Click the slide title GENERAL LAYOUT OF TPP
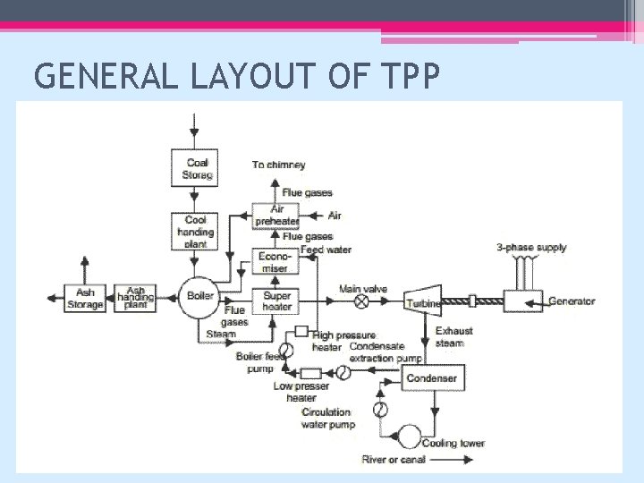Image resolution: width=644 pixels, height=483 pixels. pyautogui.click(x=237, y=78)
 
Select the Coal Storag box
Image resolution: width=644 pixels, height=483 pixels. pyautogui.click(x=195, y=168)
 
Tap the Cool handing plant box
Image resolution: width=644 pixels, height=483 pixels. pyautogui.click(x=195, y=232)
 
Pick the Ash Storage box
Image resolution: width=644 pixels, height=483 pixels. pyautogui.click(x=85, y=299)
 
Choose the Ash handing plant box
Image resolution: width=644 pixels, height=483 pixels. pyautogui.click(x=135, y=299)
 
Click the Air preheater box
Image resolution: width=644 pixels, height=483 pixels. pyautogui.click(x=276, y=216)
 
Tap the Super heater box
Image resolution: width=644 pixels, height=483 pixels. pyautogui.click(x=276, y=301)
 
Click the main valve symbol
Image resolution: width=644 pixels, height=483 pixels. pyautogui.click(x=362, y=303)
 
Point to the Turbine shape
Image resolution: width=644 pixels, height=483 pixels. pyautogui.click(x=422, y=302)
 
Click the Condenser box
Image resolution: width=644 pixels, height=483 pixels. pyautogui.click(x=432, y=378)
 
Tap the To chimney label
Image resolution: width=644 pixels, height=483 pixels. pyautogui.click(x=278, y=165)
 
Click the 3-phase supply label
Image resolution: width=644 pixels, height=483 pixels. pyautogui.click(x=531, y=247)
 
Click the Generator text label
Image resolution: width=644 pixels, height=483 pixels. pyautogui.click(x=572, y=301)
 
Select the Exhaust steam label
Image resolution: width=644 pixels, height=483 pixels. pyautogui.click(x=454, y=336)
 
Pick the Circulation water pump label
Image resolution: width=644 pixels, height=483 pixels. pyautogui.click(x=327, y=419)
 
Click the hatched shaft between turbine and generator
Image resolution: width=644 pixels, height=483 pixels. pyautogui.click(x=471, y=302)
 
